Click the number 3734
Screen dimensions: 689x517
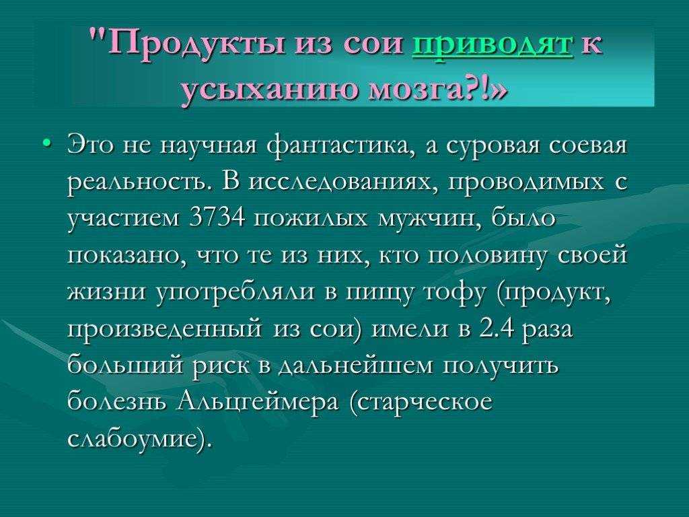pyautogui.click(x=218, y=217)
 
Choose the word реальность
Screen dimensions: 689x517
pyautogui.click(x=141, y=182)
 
